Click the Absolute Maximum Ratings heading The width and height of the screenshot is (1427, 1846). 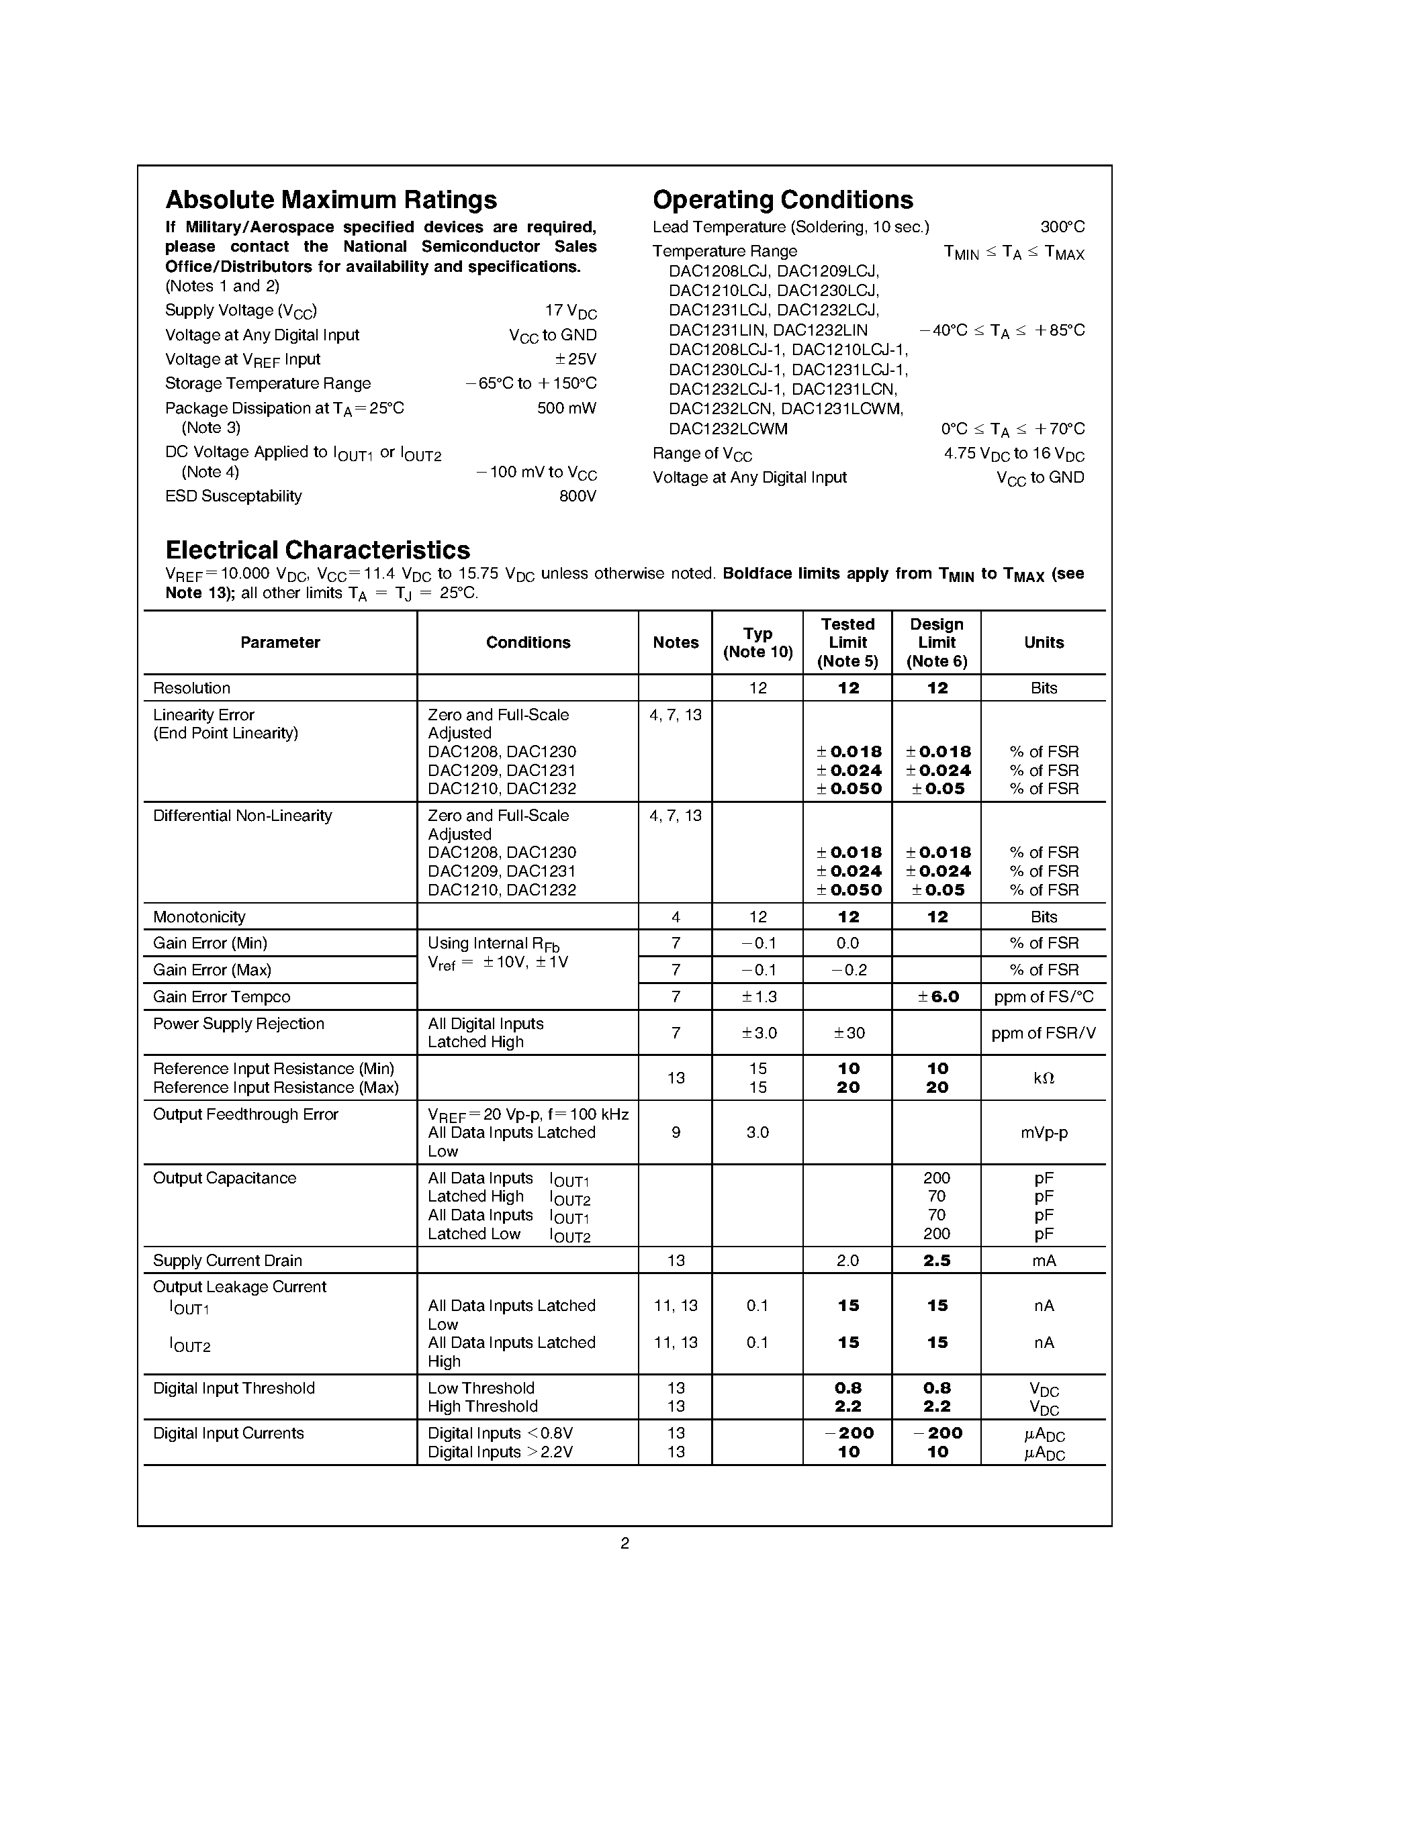click(x=330, y=200)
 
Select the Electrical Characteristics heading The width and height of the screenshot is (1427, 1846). click(x=317, y=550)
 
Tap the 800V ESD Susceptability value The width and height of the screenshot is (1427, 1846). click(x=578, y=496)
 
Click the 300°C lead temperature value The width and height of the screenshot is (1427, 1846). click(x=1062, y=228)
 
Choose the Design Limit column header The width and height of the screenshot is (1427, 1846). click(x=936, y=642)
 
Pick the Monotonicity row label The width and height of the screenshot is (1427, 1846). click(x=199, y=917)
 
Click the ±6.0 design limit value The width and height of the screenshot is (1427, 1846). click(x=937, y=997)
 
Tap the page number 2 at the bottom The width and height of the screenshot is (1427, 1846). click(x=625, y=1543)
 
